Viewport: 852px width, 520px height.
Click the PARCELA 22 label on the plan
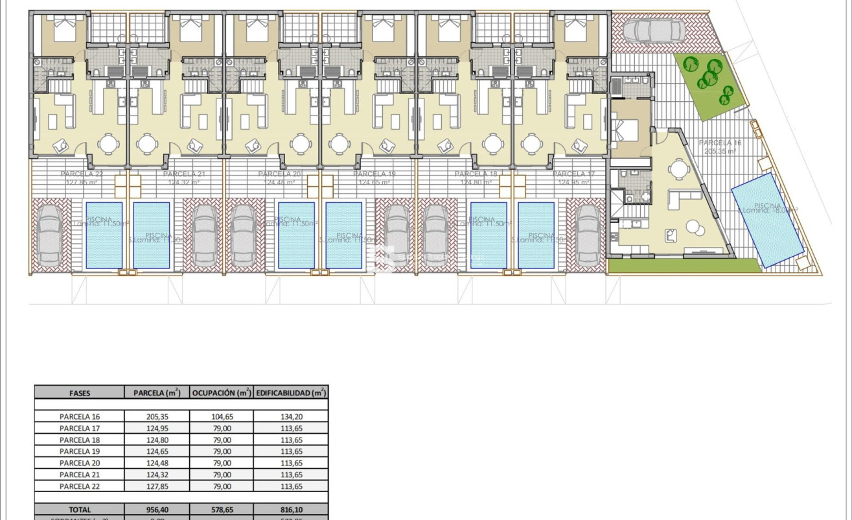pyautogui.click(x=82, y=174)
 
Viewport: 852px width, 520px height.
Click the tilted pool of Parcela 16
pyautogui.click(x=768, y=219)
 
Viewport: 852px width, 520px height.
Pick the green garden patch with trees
pyautogui.click(x=711, y=83)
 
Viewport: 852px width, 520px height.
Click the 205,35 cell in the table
pyautogui.click(x=156, y=417)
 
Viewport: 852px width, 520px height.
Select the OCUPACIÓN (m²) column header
pyautogui.click(x=221, y=392)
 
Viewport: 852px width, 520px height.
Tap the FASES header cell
pyautogui.click(x=79, y=392)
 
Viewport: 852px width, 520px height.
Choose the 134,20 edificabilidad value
pyautogui.click(x=290, y=417)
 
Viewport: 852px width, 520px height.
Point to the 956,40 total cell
pyautogui.click(x=156, y=510)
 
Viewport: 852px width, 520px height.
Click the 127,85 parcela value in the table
pyautogui.click(x=156, y=486)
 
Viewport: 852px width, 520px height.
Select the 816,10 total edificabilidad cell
pyautogui.click(x=290, y=510)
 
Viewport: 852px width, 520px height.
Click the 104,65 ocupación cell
pyautogui.click(x=221, y=417)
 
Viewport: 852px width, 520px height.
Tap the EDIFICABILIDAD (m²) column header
pyautogui.click(x=290, y=392)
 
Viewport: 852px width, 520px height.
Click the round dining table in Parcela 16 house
pyautogui.click(x=678, y=169)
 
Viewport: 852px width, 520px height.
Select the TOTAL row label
pyautogui.click(x=79, y=510)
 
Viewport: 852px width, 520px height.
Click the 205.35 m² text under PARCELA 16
pyautogui.click(x=722, y=151)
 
